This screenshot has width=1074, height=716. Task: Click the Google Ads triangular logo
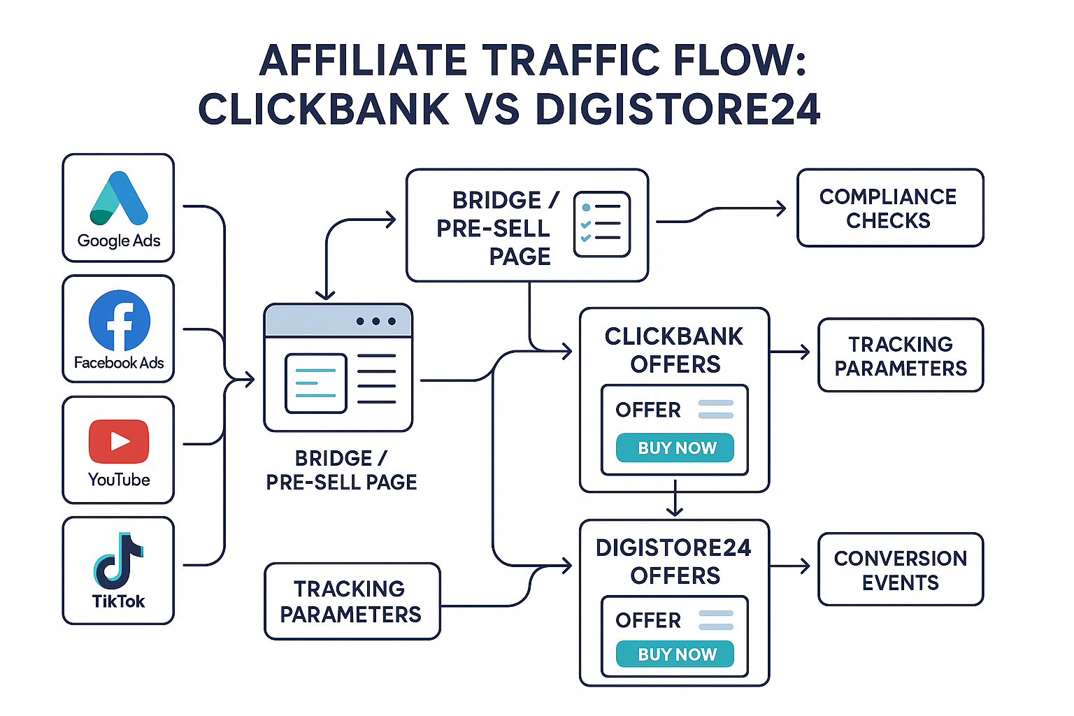pos(118,199)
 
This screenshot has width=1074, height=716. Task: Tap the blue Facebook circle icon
pos(119,321)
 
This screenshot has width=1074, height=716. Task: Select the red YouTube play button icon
pos(119,441)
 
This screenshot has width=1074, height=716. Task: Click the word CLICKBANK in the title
pos(324,110)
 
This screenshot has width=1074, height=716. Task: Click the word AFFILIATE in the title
pos(363,60)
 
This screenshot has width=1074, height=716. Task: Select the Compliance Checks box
pos(889,208)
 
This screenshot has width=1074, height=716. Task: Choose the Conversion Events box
pos(900,569)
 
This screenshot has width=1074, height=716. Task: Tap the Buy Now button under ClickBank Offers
pos(675,447)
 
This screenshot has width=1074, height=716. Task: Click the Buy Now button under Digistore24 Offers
pos(675,654)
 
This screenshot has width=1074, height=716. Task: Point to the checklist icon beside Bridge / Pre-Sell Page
pos(601,224)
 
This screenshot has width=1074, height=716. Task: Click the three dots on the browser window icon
pos(375,321)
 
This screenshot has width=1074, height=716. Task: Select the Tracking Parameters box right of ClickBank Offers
pos(900,355)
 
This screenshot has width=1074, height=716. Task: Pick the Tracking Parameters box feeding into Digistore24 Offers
pos(352,601)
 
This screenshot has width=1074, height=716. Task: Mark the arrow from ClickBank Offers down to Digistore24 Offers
pos(675,499)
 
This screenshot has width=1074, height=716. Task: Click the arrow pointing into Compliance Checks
pos(720,210)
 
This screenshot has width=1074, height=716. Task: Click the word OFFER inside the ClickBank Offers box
pos(647,410)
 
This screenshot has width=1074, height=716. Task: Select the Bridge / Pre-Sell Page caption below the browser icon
pos(341,470)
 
